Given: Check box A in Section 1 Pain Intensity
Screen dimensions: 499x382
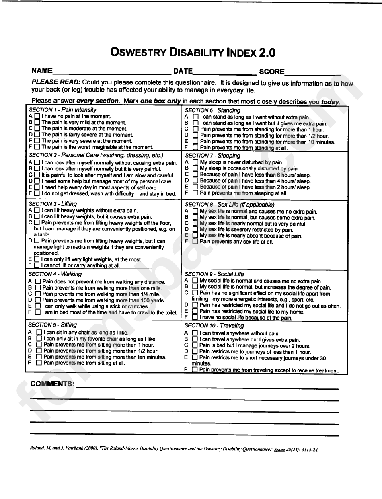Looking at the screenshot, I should click(37, 116).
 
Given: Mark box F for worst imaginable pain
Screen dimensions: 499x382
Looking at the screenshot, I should click(37, 147).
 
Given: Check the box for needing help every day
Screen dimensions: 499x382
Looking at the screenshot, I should click(37, 187).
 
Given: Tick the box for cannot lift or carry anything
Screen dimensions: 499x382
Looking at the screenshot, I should click(37, 265).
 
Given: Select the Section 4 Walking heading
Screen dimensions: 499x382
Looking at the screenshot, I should click(55, 274).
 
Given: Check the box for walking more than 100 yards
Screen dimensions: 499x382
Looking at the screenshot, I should click(38, 300).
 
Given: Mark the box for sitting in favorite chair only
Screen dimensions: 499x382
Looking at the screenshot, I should click(39, 339).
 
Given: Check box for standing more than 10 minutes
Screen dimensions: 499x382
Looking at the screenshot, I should click(195, 142).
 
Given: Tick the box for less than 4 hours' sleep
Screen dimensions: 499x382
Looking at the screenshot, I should click(195, 181).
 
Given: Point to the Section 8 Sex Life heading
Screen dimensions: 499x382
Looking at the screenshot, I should click(230, 205).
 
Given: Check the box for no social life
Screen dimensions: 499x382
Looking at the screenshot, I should click(195, 318).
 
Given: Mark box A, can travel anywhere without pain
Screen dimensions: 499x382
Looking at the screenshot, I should click(195, 333).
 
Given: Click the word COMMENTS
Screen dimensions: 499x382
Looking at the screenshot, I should click(53, 384).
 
